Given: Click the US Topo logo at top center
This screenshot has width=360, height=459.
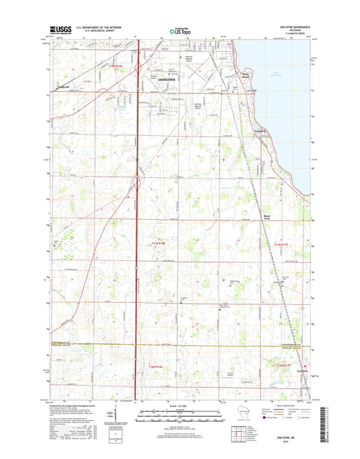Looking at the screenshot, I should [179, 30].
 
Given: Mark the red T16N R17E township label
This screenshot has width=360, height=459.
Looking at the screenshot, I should [284, 364].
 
